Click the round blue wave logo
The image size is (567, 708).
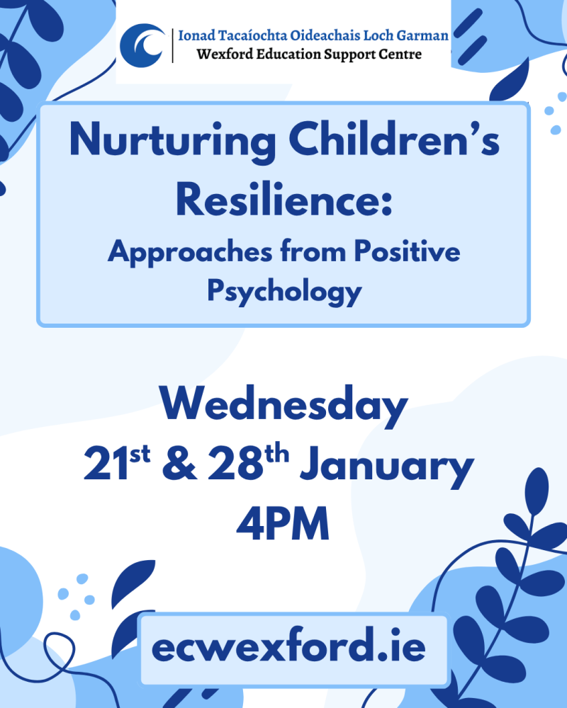point(142,45)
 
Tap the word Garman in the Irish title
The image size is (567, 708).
point(422,35)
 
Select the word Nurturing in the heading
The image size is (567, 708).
point(173,141)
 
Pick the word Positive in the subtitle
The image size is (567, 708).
point(407,251)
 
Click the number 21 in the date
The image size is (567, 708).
point(106,464)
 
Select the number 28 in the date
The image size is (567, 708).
point(235,464)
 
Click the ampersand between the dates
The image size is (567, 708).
point(179,464)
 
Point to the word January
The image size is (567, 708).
point(386,468)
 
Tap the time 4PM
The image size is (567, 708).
point(283,524)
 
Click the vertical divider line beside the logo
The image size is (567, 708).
point(172,45)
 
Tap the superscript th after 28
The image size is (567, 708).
point(276,454)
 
